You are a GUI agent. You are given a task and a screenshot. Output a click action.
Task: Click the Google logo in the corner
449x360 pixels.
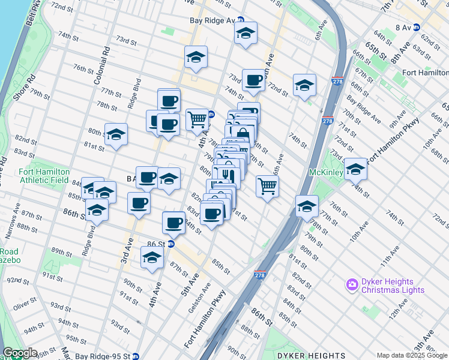(20, 353)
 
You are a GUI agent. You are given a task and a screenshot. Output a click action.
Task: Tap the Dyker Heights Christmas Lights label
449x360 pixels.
(393, 286)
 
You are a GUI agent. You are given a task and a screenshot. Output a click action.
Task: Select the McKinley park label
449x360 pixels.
(325, 172)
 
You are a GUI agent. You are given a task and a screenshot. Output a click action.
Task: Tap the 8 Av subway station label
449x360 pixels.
(402, 27)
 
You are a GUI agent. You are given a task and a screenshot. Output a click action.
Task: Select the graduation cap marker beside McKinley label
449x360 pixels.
(355, 169)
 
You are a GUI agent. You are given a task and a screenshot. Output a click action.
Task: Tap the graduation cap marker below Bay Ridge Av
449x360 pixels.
(246, 34)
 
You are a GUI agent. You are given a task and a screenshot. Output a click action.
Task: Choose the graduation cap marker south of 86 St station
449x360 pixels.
(152, 258)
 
